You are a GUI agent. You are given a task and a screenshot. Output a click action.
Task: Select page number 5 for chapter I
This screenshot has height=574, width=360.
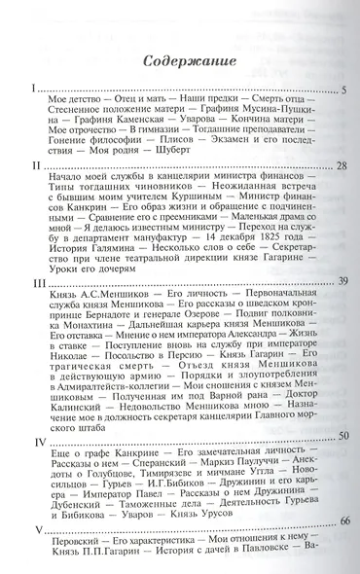(x=344, y=90)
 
